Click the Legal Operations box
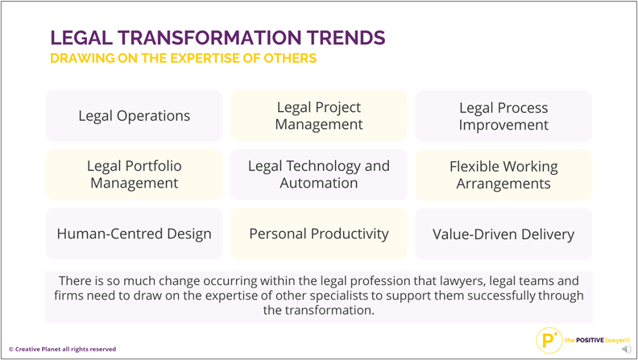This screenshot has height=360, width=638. (x=135, y=116)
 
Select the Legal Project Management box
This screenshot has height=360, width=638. (x=319, y=116)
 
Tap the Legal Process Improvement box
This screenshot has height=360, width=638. (x=503, y=116)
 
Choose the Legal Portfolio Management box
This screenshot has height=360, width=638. (x=135, y=175)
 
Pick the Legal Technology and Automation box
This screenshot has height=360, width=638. (x=319, y=175)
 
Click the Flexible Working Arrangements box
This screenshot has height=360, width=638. (x=503, y=175)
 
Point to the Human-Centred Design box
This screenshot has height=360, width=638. (x=135, y=234)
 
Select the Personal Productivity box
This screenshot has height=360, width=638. (x=319, y=234)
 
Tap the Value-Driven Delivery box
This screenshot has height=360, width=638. (x=503, y=234)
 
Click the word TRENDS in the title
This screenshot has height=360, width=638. (x=346, y=38)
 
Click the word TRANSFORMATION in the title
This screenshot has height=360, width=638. (x=210, y=38)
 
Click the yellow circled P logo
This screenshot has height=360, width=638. (x=549, y=340)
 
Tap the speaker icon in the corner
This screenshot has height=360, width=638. (x=627, y=349)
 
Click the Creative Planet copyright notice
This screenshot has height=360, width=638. (x=62, y=349)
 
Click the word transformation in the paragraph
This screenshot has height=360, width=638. (x=329, y=310)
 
